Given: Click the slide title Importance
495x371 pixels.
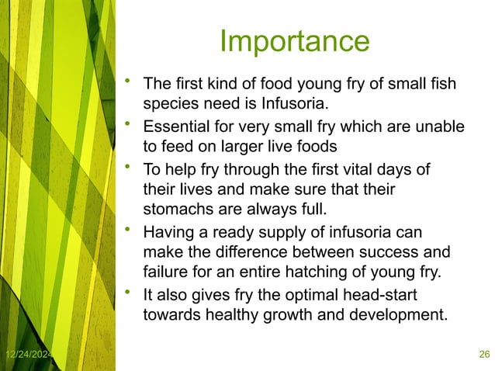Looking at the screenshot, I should pos(294,41).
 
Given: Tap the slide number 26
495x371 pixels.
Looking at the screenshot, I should pos(484,355).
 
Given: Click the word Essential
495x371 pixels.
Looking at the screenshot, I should pos(178,125).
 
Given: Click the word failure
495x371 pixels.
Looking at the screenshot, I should pos(164,272).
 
